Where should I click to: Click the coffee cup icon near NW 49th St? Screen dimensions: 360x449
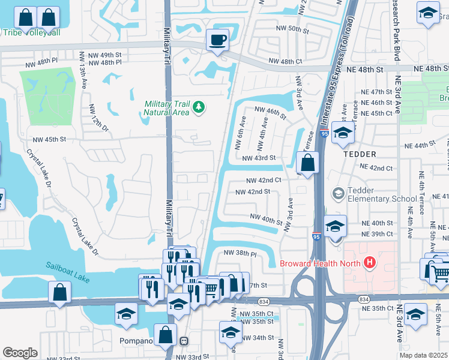click(x=217, y=40)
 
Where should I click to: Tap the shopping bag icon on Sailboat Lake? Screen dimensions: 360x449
click(x=59, y=293)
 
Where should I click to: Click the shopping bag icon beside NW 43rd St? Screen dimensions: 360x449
click(x=307, y=163)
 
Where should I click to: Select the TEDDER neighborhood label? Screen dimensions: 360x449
click(x=359, y=154)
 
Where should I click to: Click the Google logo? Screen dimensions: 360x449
click(x=20, y=353)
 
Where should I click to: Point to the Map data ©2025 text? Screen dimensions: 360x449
click(x=423, y=355)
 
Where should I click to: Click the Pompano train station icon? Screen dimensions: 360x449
click(x=184, y=341)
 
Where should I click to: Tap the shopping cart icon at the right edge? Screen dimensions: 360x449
click(x=441, y=272)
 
